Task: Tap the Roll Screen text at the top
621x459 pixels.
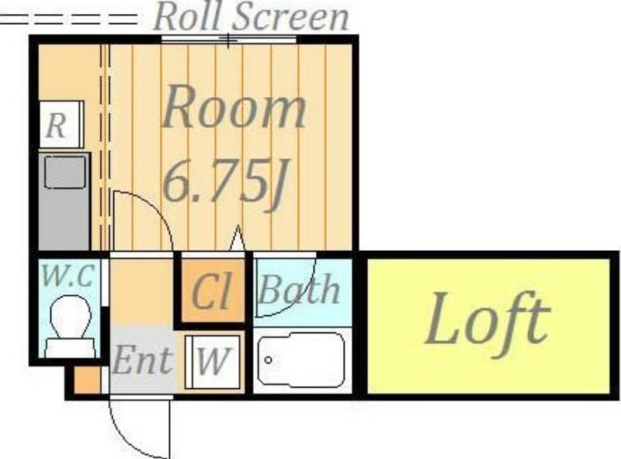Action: pyautogui.click(x=251, y=16)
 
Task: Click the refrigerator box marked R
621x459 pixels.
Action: pyautogui.click(x=61, y=124)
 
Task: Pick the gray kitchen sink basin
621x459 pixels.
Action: pyautogui.click(x=65, y=172)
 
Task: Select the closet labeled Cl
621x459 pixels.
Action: pyautogui.click(x=213, y=291)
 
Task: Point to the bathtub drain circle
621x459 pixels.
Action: pyautogui.click(x=268, y=360)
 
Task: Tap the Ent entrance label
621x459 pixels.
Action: pyautogui.click(x=143, y=360)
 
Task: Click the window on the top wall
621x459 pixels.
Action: pyautogui.click(x=229, y=40)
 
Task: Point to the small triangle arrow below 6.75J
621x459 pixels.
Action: pyautogui.click(x=238, y=238)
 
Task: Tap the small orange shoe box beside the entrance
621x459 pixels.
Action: pyautogui.click(x=87, y=381)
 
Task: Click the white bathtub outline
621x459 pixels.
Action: pyautogui.click(x=301, y=360)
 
